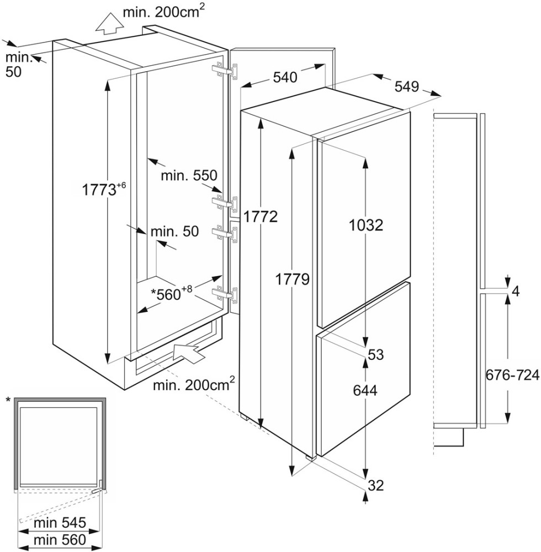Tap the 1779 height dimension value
(x=292, y=279)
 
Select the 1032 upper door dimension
(x=365, y=225)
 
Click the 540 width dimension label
(x=285, y=77)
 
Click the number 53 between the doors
(x=375, y=354)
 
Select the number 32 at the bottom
(x=375, y=485)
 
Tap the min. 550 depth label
(x=188, y=176)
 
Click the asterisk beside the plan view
(x=8, y=399)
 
